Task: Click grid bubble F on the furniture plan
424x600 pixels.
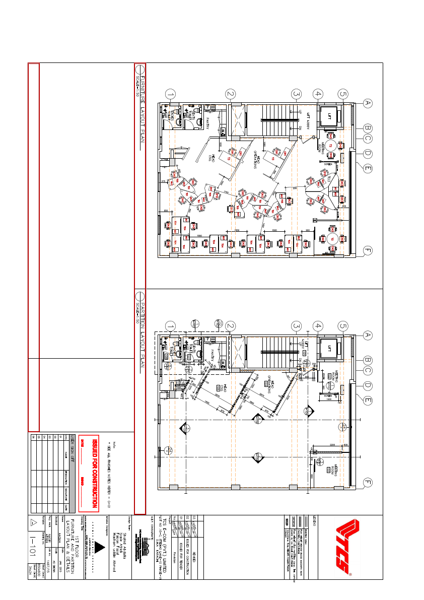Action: pyautogui.click(x=368, y=250)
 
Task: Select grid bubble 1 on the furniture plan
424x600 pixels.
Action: pyautogui.click(x=171, y=94)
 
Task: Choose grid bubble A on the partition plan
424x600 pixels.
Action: pyautogui.click(x=368, y=335)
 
